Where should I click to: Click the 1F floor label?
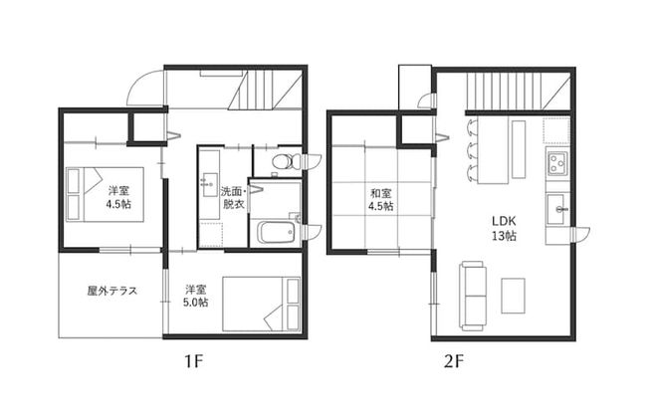194,361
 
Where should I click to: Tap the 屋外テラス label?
111,292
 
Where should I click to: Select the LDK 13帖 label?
501,229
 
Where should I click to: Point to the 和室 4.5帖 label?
380,200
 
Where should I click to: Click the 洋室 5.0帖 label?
195,297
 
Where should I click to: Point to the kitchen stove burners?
556,163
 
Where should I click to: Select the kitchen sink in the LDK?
557,209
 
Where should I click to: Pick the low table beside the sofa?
514,295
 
